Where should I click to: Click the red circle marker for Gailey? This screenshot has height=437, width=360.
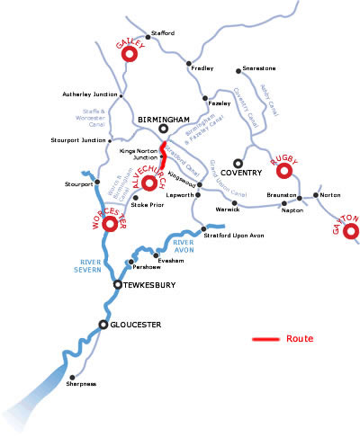coord(128,54)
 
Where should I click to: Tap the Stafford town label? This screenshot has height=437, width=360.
coord(162,33)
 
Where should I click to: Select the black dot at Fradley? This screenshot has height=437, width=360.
coord(188,64)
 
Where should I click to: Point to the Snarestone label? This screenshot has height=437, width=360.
coord(256,69)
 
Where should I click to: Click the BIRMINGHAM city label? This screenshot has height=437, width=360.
coord(165,119)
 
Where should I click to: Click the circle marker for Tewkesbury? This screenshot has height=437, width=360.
coord(116,285)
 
